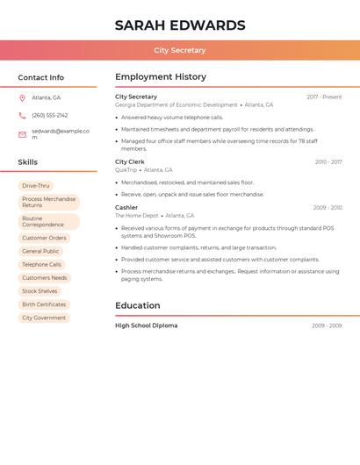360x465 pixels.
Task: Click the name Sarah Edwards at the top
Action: (180, 25)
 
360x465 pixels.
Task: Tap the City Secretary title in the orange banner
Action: (180, 50)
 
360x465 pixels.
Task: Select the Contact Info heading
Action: (41, 77)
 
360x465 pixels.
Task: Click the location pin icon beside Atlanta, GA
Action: (22, 97)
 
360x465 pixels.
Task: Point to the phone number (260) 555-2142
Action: (50, 115)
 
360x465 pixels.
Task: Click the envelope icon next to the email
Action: (22, 134)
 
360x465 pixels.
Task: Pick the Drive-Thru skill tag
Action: (36, 186)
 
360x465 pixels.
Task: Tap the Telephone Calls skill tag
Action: (42, 264)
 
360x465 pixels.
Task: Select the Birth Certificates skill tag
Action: (44, 304)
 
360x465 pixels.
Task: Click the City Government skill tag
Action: (44, 318)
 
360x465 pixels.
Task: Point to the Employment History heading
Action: (161, 77)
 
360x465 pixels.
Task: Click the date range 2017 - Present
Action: (324, 97)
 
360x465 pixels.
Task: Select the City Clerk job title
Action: (130, 162)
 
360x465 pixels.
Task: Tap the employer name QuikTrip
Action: (126, 170)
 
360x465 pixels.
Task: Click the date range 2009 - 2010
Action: (328, 208)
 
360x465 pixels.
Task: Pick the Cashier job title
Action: (126, 208)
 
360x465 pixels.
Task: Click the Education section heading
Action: (138, 305)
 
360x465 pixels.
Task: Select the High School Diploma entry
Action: (147, 325)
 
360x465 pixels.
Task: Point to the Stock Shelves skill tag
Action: (40, 291)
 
